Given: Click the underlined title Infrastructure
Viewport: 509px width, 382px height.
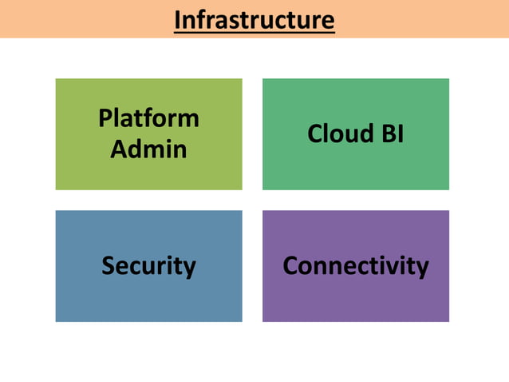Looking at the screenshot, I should pyautogui.click(x=254, y=19).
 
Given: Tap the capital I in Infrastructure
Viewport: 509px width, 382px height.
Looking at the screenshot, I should pyautogui.click(x=178, y=19).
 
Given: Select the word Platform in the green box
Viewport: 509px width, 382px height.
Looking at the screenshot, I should pyautogui.click(x=148, y=118).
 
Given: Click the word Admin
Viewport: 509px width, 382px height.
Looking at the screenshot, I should pyautogui.click(x=148, y=149).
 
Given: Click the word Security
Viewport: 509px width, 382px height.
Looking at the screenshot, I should pyautogui.click(x=148, y=265).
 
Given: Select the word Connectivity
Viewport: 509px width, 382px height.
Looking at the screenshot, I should pyautogui.click(x=356, y=265).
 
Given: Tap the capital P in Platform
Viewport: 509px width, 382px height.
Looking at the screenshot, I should pyautogui.click(x=105, y=118).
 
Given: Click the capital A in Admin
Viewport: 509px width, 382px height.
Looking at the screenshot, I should pyautogui.click(x=118, y=149).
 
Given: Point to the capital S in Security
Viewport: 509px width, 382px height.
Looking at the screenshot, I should pyautogui.click(x=108, y=265).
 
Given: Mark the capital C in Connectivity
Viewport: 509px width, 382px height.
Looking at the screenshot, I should pyautogui.click(x=290, y=265).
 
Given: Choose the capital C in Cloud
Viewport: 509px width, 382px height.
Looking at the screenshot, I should pyautogui.click(x=314, y=133).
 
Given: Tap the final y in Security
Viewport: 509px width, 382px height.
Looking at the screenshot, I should pyautogui.click(x=189, y=268).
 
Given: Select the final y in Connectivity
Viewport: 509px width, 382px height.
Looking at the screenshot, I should pyautogui.click(x=422, y=268).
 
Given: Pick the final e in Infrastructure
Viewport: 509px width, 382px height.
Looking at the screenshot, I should pyautogui.click(x=327, y=21).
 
